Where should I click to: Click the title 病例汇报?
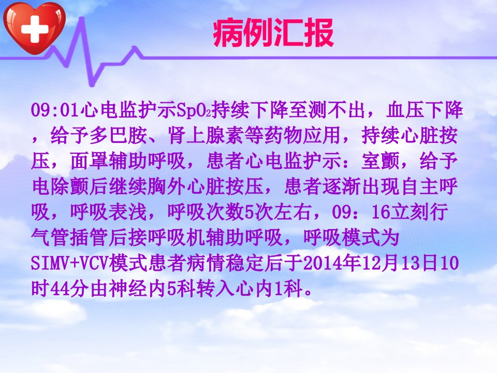273,33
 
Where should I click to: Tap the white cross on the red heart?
35,30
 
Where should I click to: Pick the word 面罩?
89,161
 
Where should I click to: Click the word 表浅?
128,211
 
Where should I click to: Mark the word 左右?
292,211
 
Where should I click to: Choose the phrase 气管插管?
70,237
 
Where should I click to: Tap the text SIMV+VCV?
70,263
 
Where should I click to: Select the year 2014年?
332,263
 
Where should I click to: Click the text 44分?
60,289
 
